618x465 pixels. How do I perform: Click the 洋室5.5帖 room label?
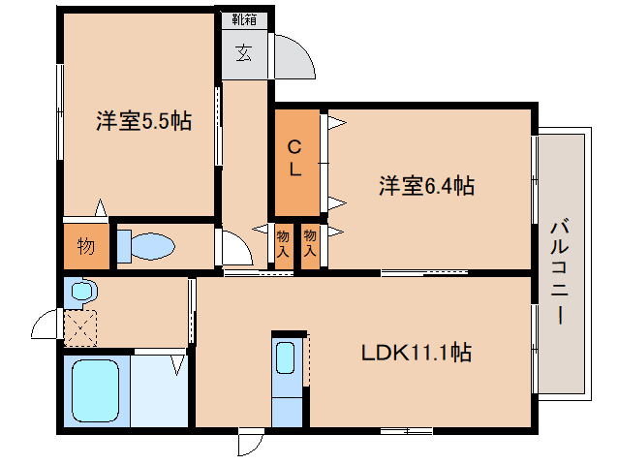pos(144,121)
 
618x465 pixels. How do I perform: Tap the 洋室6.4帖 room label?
pos(427,186)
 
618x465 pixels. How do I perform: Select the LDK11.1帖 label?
pos(417,353)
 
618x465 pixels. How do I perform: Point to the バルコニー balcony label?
pos(559,272)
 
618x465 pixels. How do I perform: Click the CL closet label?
pos(294,158)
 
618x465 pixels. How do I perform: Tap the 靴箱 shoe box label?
pos(244,19)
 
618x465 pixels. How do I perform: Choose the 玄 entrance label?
pos(244,53)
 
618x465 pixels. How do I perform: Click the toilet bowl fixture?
pos(152,246)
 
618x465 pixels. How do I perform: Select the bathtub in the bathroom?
pos(95,390)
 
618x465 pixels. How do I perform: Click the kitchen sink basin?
pos(286,357)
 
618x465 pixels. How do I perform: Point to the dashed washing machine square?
pos(80,328)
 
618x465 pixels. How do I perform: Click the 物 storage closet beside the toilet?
pos(86,247)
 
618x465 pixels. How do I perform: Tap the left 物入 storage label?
pos(283,244)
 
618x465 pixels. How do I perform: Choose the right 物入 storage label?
pos(310,244)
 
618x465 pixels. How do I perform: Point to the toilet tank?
pos(124,247)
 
